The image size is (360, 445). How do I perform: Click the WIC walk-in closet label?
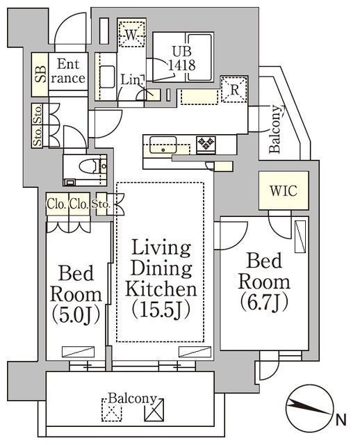coord(284,191)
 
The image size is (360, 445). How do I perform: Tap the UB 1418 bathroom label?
coord(182,58)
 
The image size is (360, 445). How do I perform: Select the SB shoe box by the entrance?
coord(40,74)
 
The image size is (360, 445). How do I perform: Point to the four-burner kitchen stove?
coord(206,144)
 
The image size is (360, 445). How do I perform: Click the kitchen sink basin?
coord(163,145)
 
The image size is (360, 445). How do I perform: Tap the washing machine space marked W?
coord(131,33)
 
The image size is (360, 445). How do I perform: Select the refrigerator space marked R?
coord(234,90)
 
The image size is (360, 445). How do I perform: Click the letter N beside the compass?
coord(341,419)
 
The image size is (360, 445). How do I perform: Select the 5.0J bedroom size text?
coord(76,315)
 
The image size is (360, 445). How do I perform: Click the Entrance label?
coord(68,71)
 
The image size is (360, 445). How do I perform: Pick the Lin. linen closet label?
coord(131,80)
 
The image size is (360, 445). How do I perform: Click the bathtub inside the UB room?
coord(200,57)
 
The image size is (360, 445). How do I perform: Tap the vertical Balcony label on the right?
coord(275,129)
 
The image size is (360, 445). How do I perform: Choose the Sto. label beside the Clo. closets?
coord(101,204)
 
